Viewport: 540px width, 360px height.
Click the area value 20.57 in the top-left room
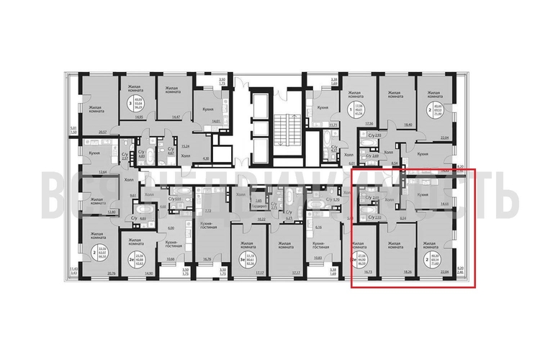click(x=102, y=132)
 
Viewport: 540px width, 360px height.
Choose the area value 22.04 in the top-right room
click(x=444, y=137)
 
